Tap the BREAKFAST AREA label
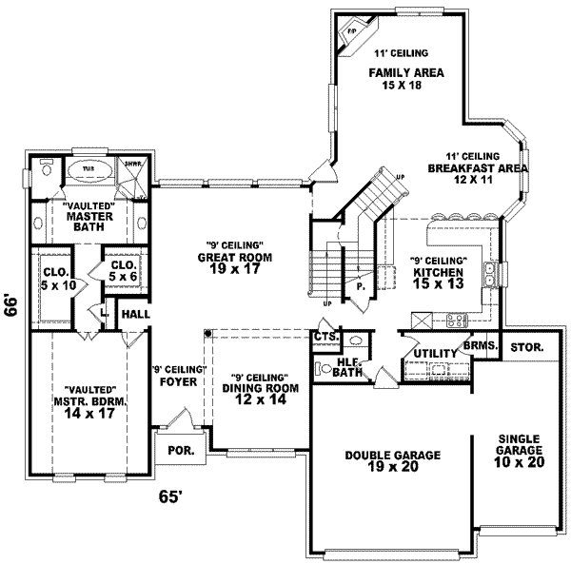pyautogui.click(x=464, y=168)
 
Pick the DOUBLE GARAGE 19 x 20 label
pyautogui.click(x=392, y=461)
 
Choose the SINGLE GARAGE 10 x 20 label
pyautogui.click(x=520, y=448)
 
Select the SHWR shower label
pyautogui.click(x=132, y=162)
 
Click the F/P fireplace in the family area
pyautogui.click(x=350, y=31)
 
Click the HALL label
pyautogui.click(x=132, y=314)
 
